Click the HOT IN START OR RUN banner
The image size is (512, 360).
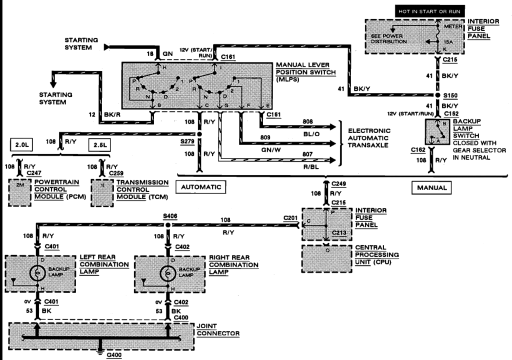tap(429, 10)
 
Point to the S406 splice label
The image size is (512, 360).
tap(170, 216)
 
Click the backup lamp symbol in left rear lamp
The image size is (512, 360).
tap(36, 273)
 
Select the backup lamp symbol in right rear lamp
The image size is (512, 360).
tap(167, 273)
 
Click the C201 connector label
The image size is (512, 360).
tap(290, 217)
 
